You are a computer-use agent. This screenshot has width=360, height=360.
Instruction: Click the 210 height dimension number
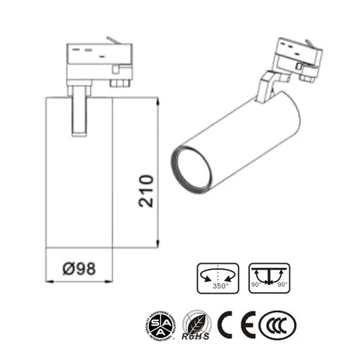point(146,191)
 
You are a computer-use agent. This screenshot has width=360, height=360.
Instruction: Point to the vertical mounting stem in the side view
point(79,111)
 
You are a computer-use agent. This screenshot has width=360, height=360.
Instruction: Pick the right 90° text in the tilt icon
point(283,284)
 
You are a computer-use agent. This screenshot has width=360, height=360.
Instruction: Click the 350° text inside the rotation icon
point(221,286)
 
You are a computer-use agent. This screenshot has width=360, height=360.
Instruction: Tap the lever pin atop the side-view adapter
point(112,40)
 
